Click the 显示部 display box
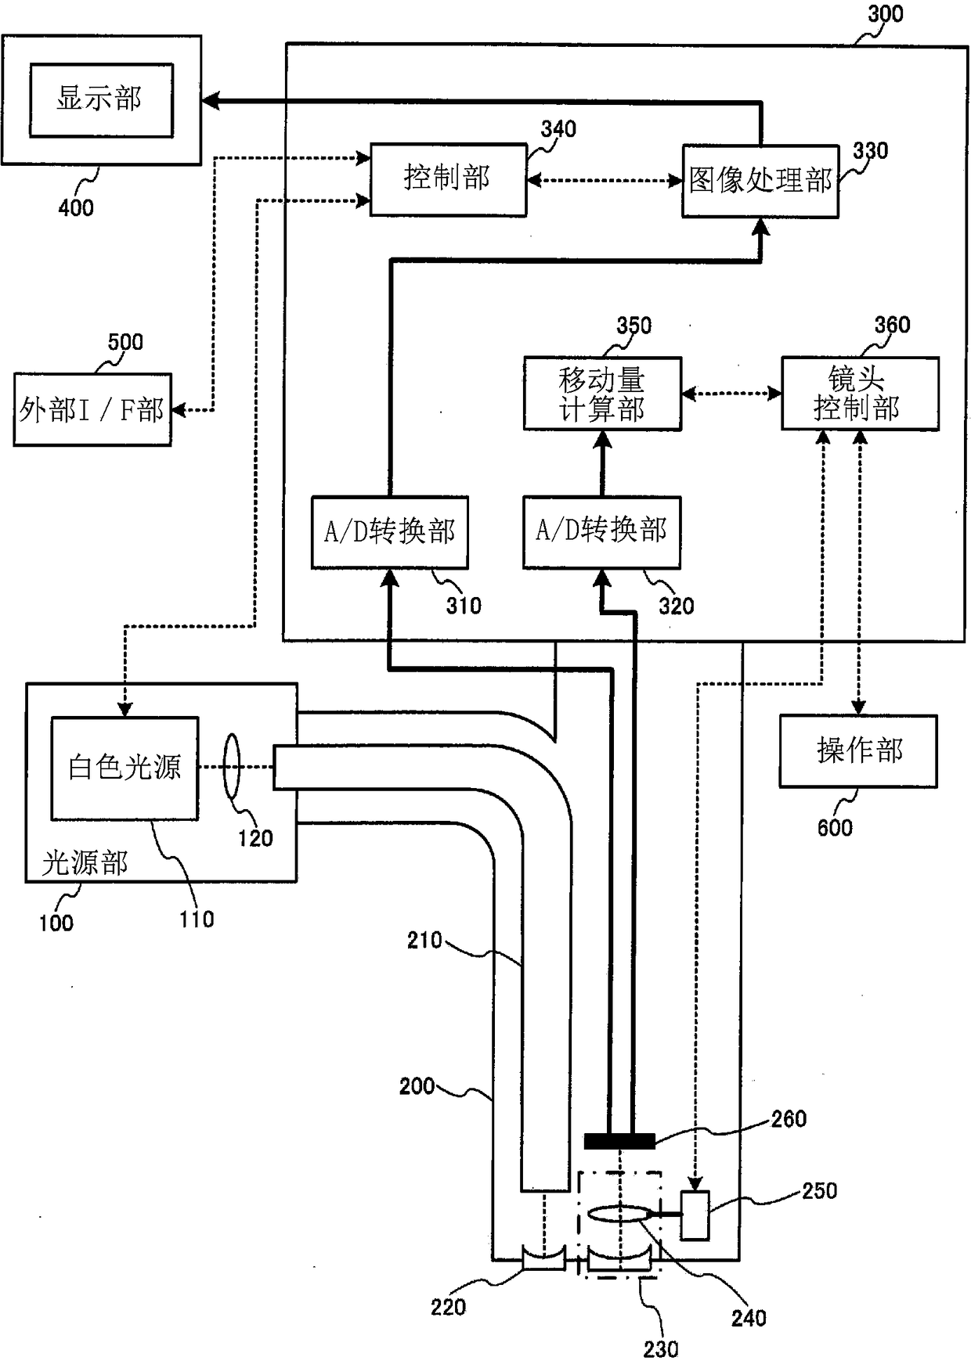click(x=101, y=100)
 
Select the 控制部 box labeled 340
click(x=448, y=179)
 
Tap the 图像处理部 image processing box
click(x=760, y=181)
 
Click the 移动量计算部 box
click(x=602, y=394)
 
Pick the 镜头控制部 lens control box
click(x=860, y=394)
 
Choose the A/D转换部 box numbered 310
click(x=390, y=532)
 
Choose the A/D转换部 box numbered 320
click(x=601, y=532)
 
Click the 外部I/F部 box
click(x=92, y=410)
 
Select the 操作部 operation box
click(x=858, y=751)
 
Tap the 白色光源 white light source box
click(x=125, y=768)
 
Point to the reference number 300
click(x=886, y=14)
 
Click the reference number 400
click(x=76, y=207)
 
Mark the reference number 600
click(x=835, y=828)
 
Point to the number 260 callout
click(x=789, y=1119)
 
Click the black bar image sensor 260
click(x=619, y=1141)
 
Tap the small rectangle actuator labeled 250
click(x=695, y=1215)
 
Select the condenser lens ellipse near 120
click(x=231, y=766)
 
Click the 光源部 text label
click(x=85, y=863)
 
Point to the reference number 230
click(x=661, y=1349)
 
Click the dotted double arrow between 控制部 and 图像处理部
click(x=605, y=181)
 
